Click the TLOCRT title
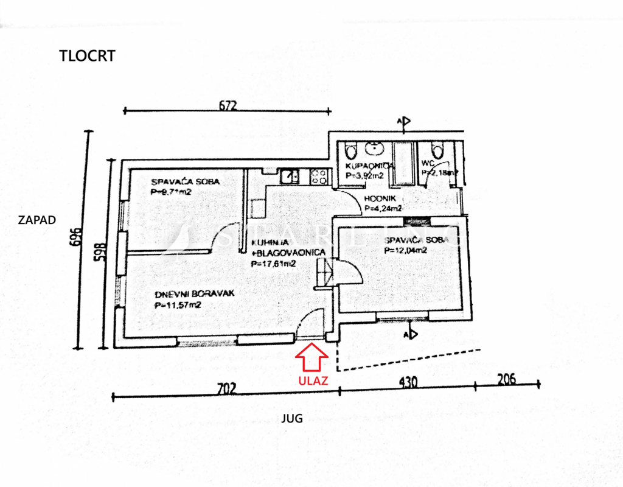pyautogui.click(x=87, y=56)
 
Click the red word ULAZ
pyautogui.click(x=313, y=381)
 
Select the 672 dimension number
pyautogui.click(x=227, y=105)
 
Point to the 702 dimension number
pyautogui.click(x=226, y=387)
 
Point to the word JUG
pyautogui.click(x=291, y=419)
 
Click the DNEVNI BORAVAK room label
pyautogui.click(x=186, y=293)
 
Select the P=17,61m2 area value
pyautogui.click(x=274, y=264)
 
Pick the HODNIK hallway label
pyautogui.click(x=381, y=199)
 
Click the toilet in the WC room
pyautogui.click(x=435, y=150)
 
